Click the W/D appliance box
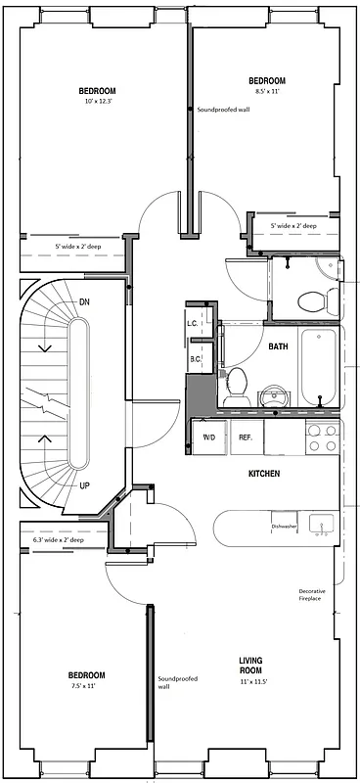pos(208,437)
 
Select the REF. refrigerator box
pos(247,437)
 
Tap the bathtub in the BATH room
pos(319,370)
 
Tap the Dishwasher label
pos(285,526)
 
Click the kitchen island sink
pos(321,525)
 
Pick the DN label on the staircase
pos(84,302)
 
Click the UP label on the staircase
pos(84,484)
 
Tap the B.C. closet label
pos(196,359)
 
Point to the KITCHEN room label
pos(264,474)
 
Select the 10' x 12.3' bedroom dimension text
pos(98,101)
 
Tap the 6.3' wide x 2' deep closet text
pos(59,539)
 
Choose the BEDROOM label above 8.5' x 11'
pos(266,80)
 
